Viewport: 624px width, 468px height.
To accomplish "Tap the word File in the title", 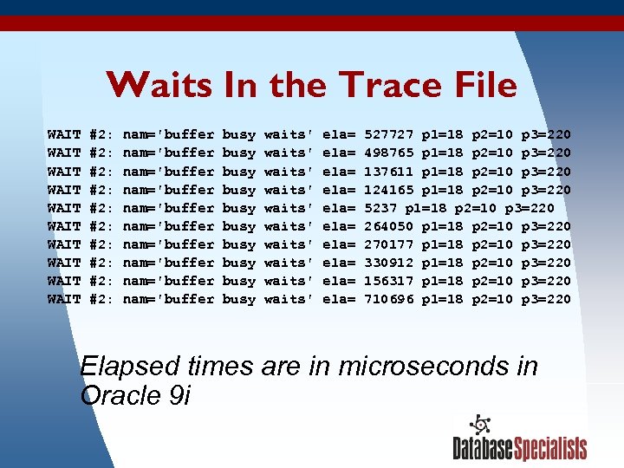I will coord(481,86).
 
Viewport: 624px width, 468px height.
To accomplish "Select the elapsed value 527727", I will coord(389,135).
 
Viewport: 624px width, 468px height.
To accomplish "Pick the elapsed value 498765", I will coord(389,153).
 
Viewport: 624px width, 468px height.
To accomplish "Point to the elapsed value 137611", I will coord(389,172).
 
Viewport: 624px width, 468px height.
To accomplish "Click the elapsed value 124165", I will coord(389,190).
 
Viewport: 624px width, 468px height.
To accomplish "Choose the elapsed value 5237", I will coord(381,208).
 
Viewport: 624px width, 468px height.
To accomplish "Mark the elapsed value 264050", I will coord(389,226).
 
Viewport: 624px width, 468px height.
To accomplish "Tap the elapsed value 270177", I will coord(389,244).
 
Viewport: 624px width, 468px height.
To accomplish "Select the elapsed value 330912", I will coord(389,263).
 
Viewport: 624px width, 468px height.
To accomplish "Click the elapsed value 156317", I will coord(389,281).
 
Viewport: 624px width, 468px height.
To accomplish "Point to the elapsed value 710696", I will coord(389,299).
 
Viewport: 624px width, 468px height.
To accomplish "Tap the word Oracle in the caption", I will coord(117,396).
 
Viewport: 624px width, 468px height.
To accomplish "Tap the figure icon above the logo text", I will coord(479,425).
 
